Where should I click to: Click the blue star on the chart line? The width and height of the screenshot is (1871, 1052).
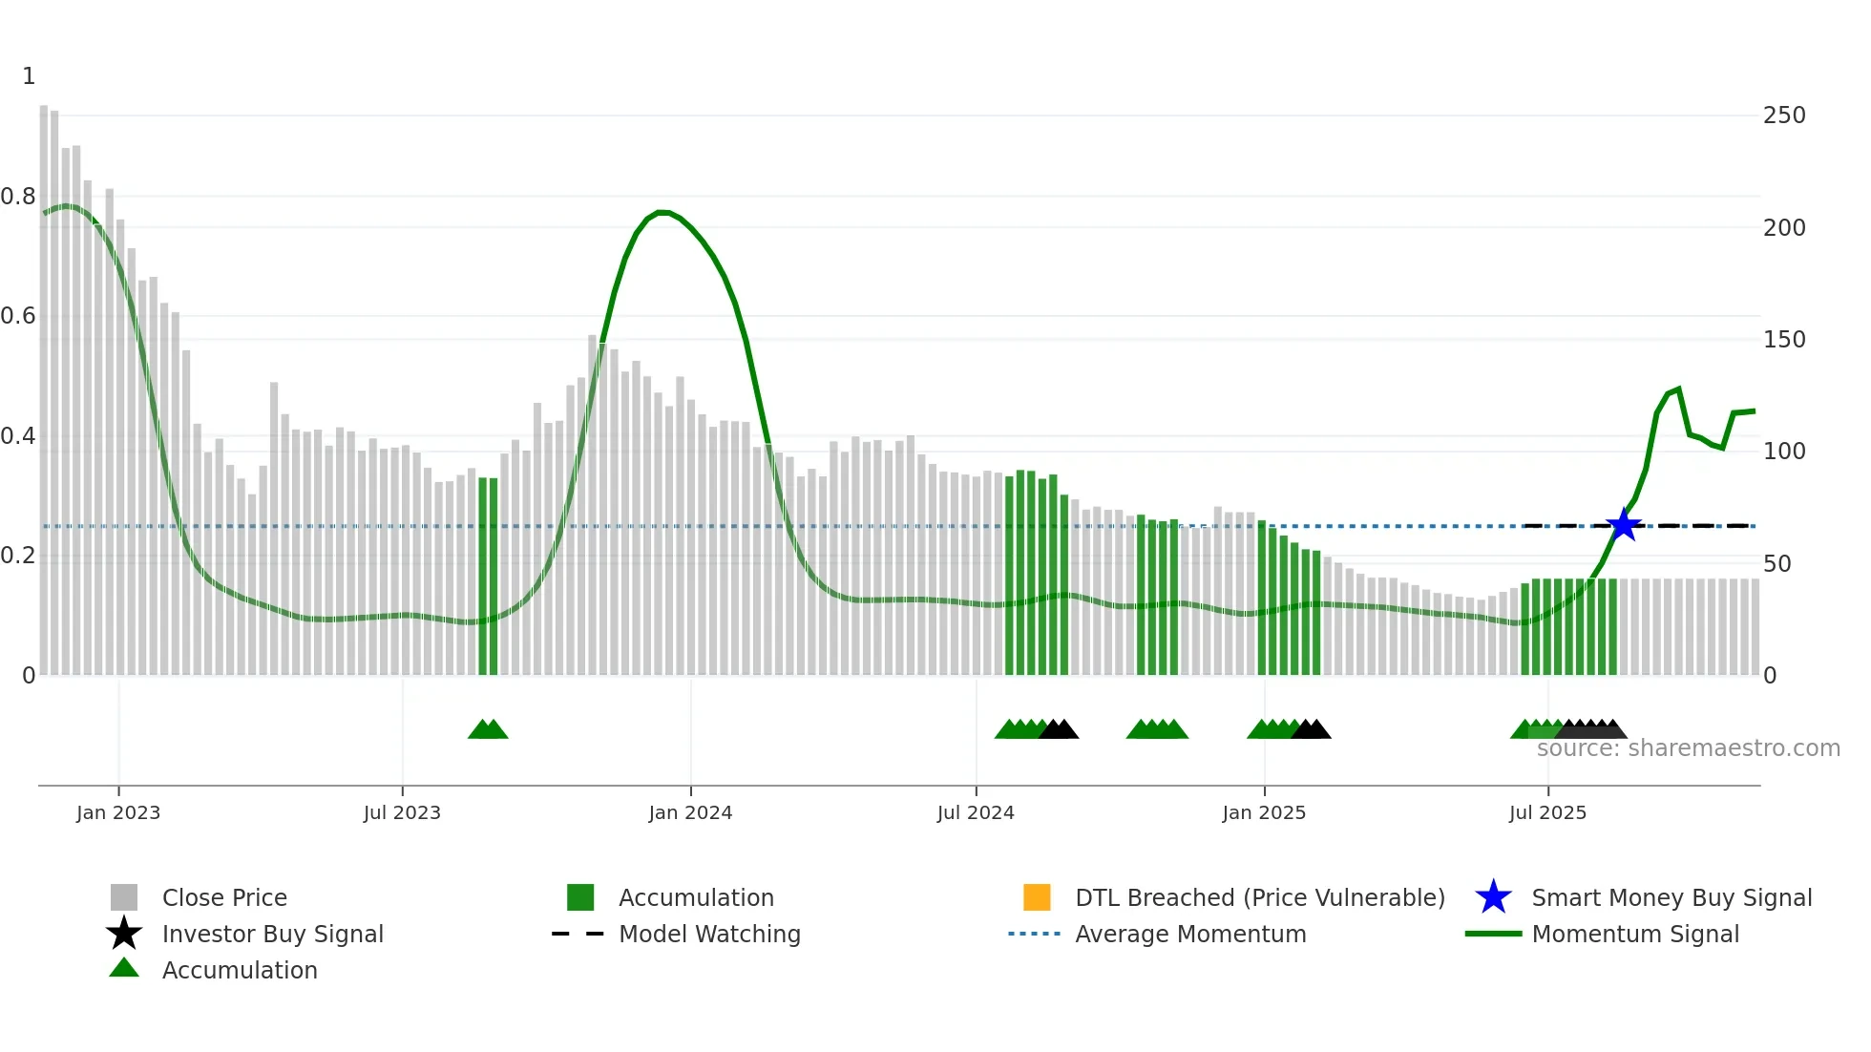click(1623, 525)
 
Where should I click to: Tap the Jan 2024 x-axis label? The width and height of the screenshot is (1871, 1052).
click(690, 812)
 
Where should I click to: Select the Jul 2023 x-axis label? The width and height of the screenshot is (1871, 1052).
click(402, 812)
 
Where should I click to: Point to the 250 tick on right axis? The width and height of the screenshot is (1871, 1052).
click(1784, 116)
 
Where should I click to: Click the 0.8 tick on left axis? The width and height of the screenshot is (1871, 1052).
click(18, 197)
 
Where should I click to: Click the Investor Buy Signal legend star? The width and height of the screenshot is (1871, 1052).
click(124, 934)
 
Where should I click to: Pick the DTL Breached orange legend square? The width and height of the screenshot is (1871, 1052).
click(1037, 897)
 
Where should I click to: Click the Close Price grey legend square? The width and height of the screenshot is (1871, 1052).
click(124, 897)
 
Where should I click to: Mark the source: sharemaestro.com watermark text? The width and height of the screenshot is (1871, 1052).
click(1688, 748)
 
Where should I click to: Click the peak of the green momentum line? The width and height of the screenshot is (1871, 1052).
click(662, 212)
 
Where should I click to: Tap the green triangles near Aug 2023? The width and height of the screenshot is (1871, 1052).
click(488, 729)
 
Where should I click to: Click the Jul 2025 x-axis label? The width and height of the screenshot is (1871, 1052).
click(1547, 812)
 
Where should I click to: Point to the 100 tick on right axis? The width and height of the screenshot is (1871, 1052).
click(1784, 452)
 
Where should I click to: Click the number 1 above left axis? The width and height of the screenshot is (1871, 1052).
click(29, 76)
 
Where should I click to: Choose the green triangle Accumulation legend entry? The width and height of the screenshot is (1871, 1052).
click(239, 970)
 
